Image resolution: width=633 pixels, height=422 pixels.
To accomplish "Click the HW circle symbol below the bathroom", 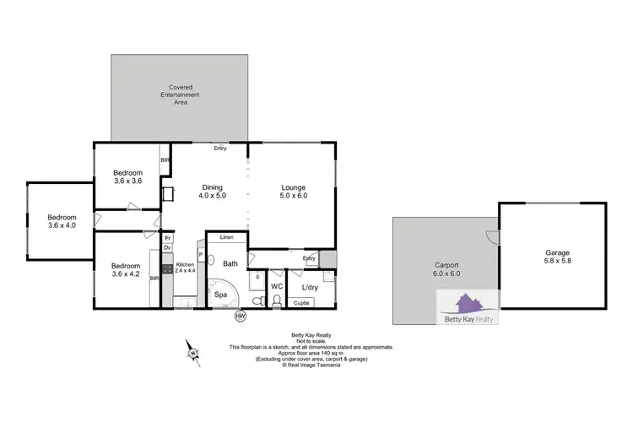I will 240,316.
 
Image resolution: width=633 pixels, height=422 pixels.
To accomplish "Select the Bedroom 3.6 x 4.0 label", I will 60,220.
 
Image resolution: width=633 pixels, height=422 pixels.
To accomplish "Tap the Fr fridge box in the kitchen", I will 168,238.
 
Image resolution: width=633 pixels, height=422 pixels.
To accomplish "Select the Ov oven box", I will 168,248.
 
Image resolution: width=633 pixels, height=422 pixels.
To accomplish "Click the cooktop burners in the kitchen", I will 168,268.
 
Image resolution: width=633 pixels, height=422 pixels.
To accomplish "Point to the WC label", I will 275,286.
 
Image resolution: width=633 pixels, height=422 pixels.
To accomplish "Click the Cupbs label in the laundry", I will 301,301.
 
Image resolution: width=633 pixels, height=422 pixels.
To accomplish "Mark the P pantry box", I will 201,254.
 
